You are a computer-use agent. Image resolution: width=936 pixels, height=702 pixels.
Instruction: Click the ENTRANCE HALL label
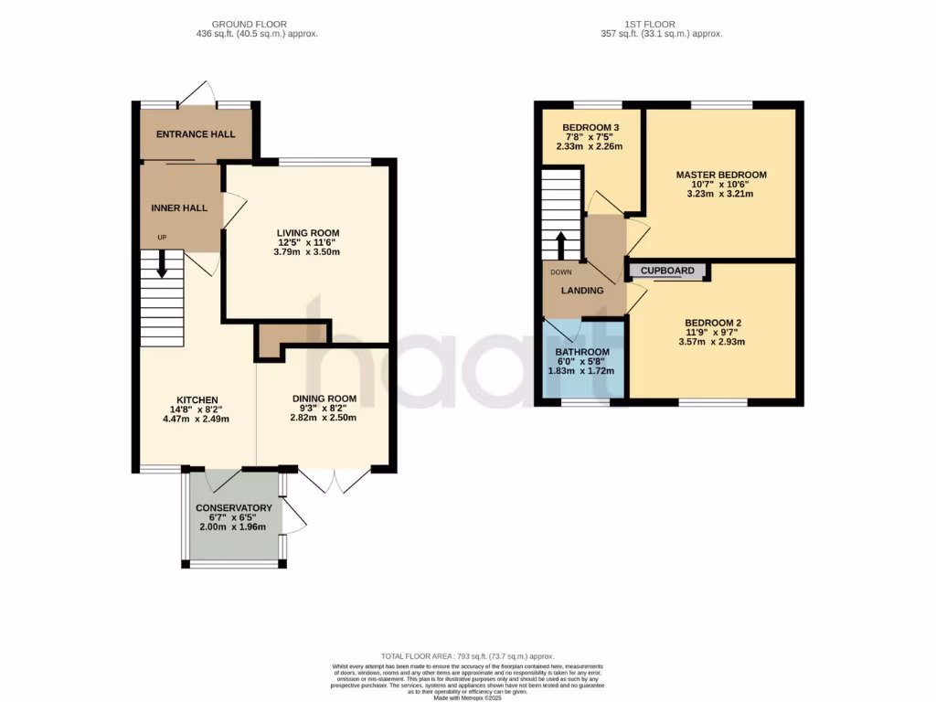pos(196,134)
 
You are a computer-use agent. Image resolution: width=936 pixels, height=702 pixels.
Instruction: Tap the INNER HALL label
pos(179,207)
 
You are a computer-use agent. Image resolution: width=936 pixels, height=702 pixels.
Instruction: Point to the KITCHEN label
pos(197,400)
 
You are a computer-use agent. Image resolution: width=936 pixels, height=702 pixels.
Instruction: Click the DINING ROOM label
pos(324,399)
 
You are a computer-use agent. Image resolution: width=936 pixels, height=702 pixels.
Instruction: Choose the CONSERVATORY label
pos(234,507)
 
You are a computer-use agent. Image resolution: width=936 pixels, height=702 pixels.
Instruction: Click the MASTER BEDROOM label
pos(721,175)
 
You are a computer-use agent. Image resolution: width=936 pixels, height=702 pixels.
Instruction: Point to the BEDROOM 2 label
pos(712,323)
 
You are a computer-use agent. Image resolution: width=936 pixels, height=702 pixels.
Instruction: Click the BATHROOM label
pos(582,352)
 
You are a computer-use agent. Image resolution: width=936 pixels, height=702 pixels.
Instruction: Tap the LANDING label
pos(582,291)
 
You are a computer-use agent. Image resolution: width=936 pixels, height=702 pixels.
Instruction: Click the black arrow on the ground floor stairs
pos(163,263)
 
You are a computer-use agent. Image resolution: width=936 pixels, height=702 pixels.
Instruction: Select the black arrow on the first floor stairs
pos(561,245)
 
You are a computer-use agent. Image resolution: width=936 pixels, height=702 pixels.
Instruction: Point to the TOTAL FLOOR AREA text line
pos(467,656)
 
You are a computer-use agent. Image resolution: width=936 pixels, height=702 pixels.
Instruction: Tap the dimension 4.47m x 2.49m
pos(196,419)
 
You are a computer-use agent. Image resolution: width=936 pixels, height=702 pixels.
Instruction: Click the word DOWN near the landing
pos(560,271)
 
